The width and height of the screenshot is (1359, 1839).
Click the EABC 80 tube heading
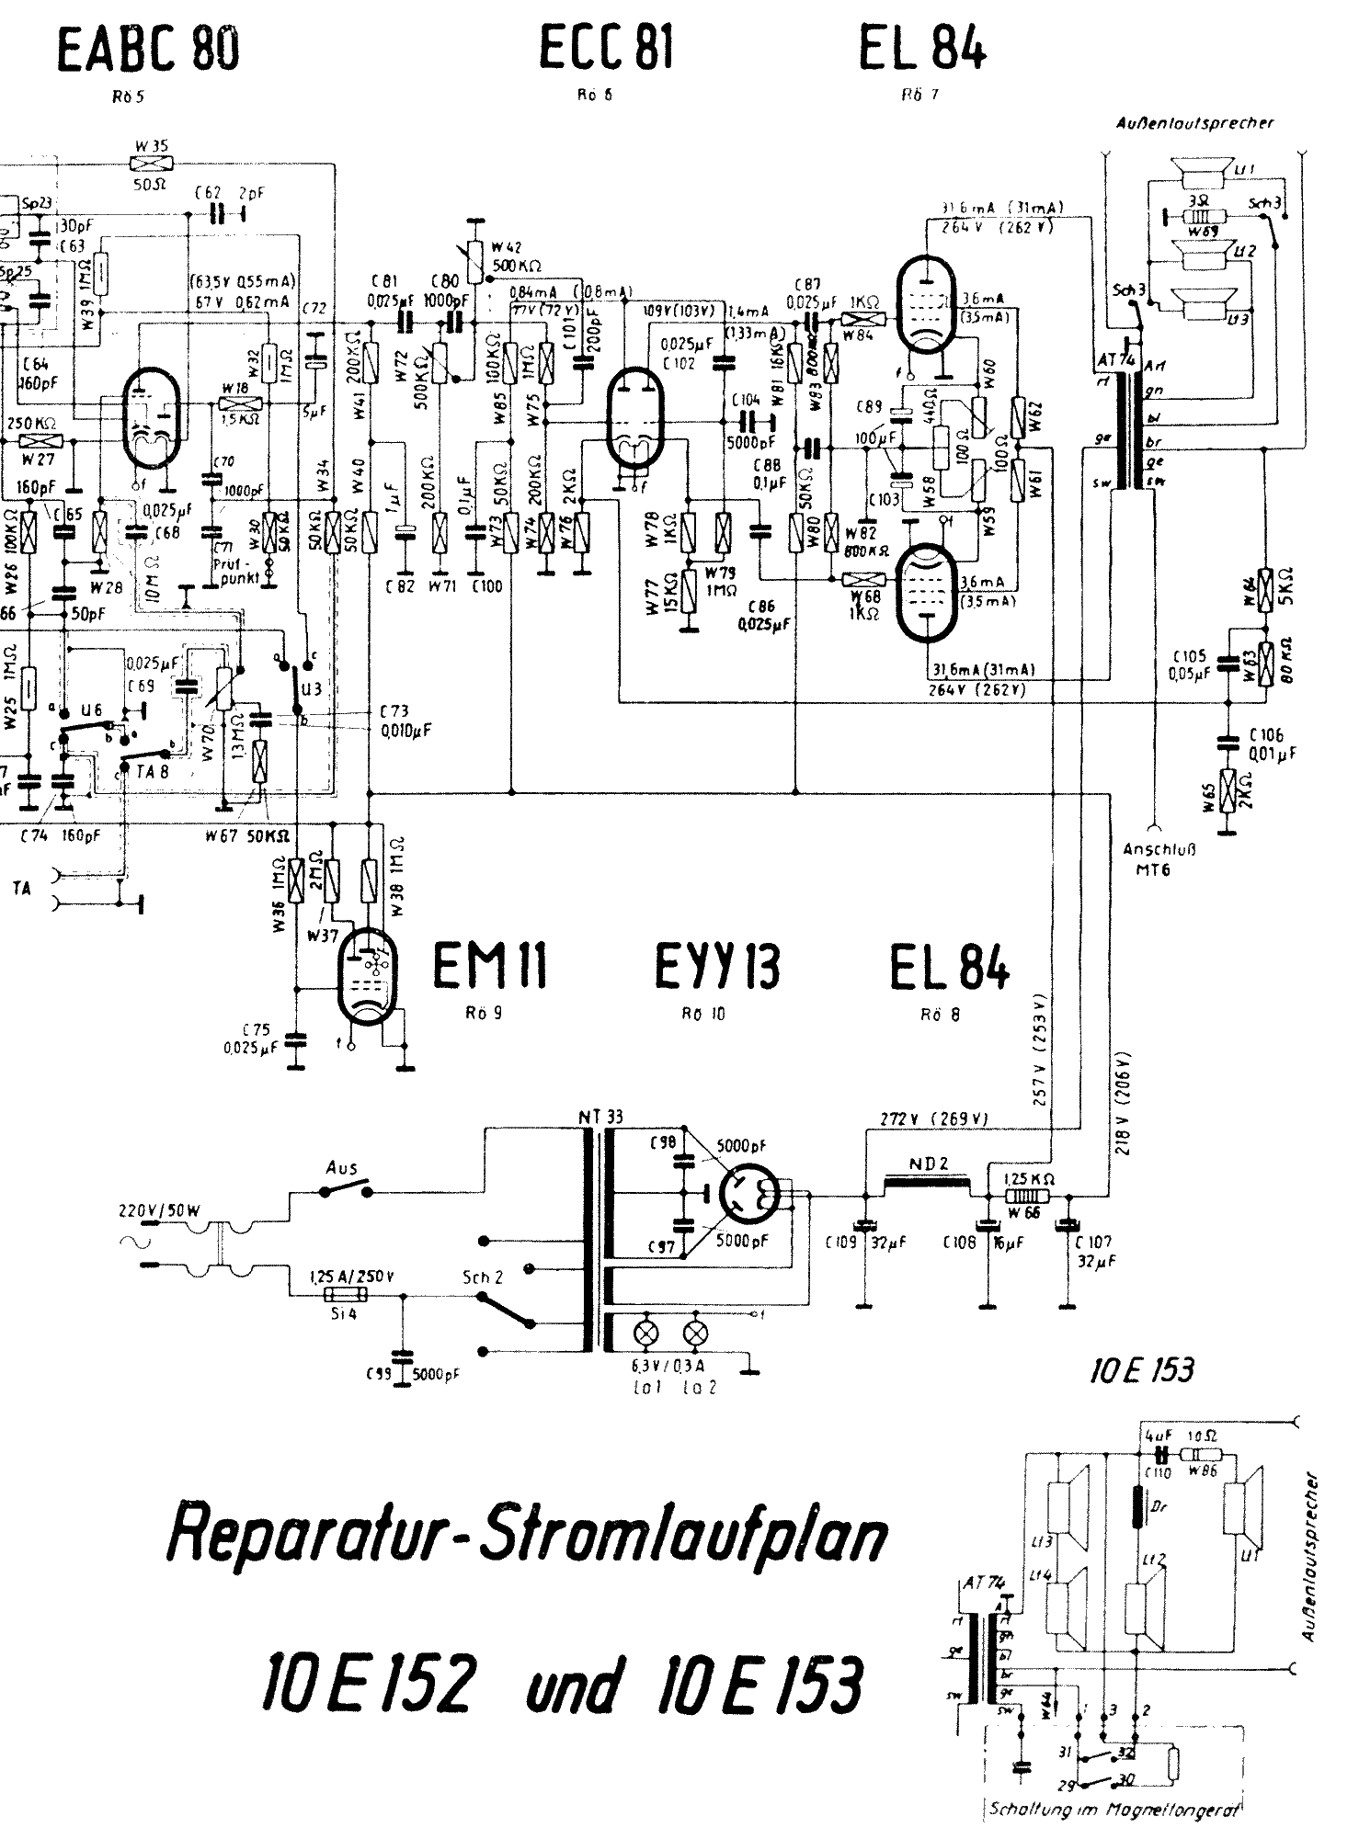[x=149, y=51]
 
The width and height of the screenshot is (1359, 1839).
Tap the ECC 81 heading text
[x=605, y=49]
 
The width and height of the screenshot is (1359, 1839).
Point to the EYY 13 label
[x=717, y=969]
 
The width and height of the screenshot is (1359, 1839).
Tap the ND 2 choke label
[x=929, y=1164]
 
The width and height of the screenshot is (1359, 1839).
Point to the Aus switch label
[x=342, y=1167]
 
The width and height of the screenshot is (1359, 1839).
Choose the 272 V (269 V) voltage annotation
[x=933, y=1119]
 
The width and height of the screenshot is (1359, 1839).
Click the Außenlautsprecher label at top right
[x=1195, y=123]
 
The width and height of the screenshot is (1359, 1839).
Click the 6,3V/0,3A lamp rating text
[x=660, y=1368]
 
